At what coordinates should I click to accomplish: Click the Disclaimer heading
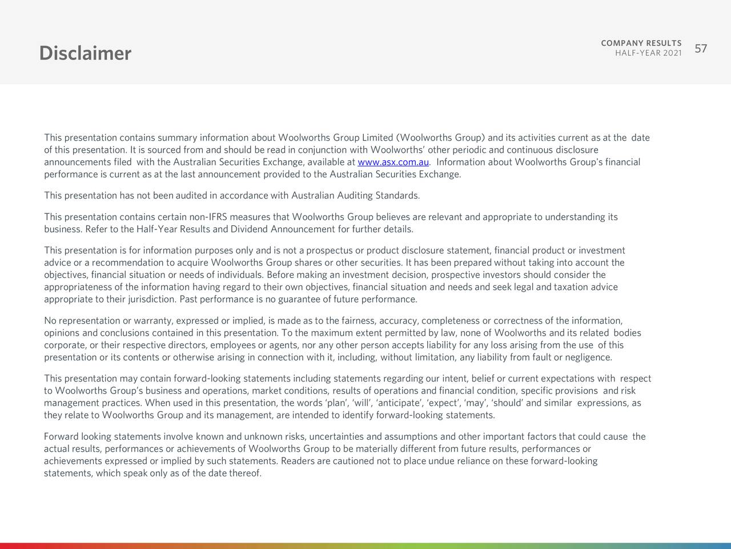tap(85, 53)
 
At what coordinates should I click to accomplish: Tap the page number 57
tap(701, 49)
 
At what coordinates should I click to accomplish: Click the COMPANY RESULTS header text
tap(641, 43)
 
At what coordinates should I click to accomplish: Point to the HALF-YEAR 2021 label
tap(648, 54)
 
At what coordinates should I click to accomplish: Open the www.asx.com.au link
tap(393, 162)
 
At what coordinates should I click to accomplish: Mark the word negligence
tap(588, 358)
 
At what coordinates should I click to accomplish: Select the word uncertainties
tap(337, 437)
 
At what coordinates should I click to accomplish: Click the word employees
tap(233, 345)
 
